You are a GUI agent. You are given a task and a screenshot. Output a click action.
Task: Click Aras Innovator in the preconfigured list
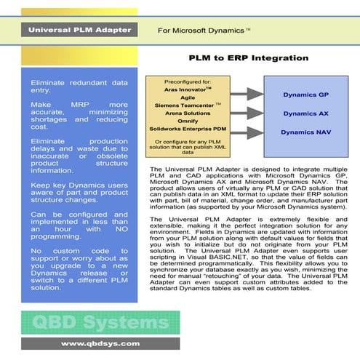[187, 89]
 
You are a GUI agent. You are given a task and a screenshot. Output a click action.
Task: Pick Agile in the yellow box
[187, 97]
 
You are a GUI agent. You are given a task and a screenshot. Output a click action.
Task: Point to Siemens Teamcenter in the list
[187, 105]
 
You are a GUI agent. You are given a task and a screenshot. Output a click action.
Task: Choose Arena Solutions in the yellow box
[187, 113]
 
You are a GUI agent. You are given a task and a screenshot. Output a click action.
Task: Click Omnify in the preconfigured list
[187, 121]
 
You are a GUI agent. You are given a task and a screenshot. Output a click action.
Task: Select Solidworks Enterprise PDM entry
[187, 129]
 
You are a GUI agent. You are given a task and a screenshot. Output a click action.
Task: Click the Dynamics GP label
[305, 95]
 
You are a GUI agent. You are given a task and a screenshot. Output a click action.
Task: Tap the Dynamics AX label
[305, 113]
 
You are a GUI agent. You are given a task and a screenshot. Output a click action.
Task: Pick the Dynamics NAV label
[305, 132]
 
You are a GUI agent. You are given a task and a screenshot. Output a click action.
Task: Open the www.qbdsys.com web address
[89, 343]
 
